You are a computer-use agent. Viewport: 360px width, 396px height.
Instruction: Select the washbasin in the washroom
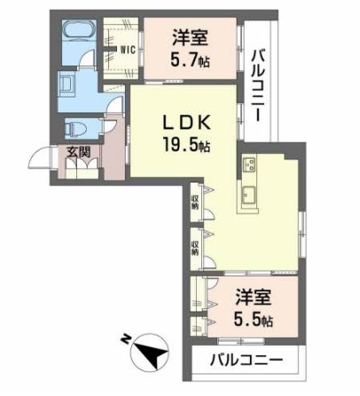pyautogui.click(x=67, y=86)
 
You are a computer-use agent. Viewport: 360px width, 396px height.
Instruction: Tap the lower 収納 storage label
pyautogui.click(x=195, y=245)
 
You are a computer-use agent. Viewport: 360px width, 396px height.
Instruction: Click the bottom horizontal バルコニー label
pyautogui.click(x=247, y=361)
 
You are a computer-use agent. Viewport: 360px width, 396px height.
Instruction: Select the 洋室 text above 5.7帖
pyautogui.click(x=189, y=40)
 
